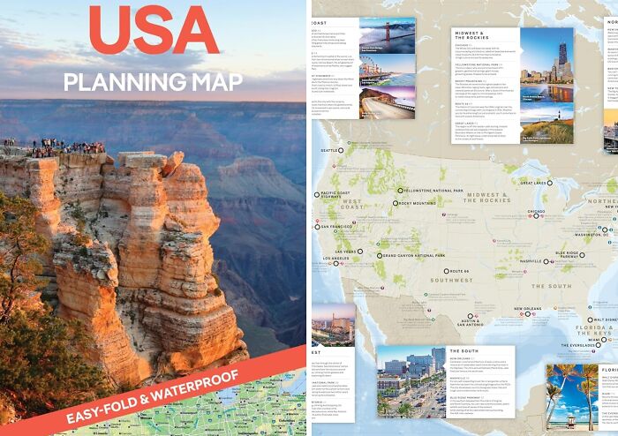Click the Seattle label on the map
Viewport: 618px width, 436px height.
pos(330,151)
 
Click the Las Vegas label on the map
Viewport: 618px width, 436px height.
pos(347,251)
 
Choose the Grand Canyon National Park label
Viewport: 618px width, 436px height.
pos(412,256)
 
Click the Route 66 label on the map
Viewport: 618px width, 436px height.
pos(457,271)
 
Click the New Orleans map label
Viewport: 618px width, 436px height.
pos(529,309)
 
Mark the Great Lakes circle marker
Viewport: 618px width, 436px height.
pos(550,182)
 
